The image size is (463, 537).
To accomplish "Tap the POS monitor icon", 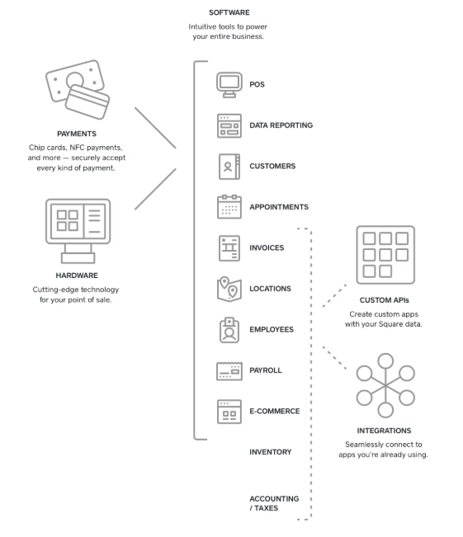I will click(x=229, y=83).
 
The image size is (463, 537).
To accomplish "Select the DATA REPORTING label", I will click(x=281, y=125).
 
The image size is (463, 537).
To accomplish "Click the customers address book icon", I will click(x=229, y=166).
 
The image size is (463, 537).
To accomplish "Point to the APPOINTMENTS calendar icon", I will click(x=229, y=206).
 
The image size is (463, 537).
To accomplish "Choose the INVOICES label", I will click(x=267, y=247).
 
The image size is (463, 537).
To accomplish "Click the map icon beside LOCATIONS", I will click(x=229, y=288).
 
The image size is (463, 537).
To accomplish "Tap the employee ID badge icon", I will click(x=229, y=329).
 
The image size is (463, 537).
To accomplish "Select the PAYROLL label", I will click(x=266, y=370).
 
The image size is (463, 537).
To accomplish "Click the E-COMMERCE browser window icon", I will click(x=229, y=411).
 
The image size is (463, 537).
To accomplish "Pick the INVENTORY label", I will click(x=271, y=452).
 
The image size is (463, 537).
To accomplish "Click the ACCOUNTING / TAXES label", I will click(x=274, y=503).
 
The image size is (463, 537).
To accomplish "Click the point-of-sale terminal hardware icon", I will click(x=78, y=227).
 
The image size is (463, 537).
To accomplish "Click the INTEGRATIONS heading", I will click(x=385, y=430).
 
